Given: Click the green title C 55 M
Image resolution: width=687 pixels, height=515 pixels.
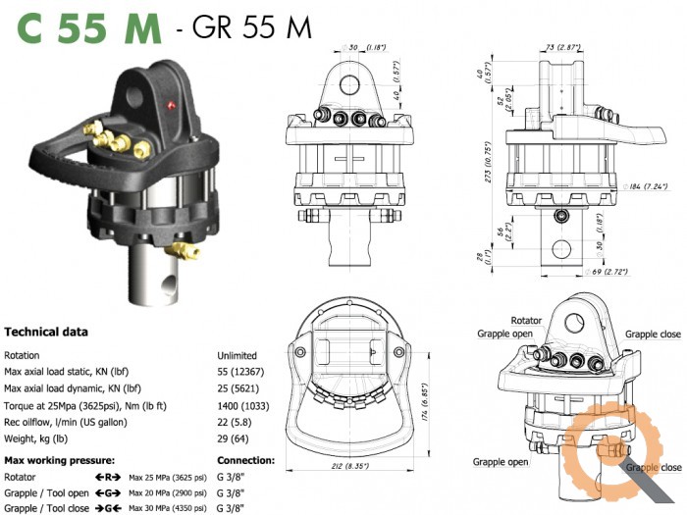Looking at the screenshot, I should pyautogui.click(x=88, y=27).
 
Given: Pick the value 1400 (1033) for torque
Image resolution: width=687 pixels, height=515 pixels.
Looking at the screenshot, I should pyautogui.click(x=246, y=405).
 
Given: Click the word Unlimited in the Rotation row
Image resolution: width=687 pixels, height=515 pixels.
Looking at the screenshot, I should pyautogui.click(x=237, y=355).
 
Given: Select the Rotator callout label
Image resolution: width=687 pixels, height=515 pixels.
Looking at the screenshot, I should pyautogui.click(x=526, y=321).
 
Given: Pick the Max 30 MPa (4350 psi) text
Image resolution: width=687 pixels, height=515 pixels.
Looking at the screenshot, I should pyautogui.click(x=168, y=509).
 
